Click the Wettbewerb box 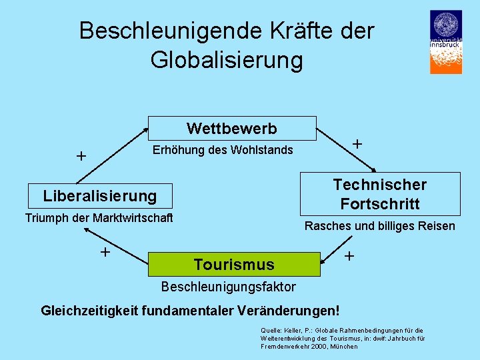coord(232,128)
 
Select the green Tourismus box coord(234,265)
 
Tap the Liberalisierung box coord(99,196)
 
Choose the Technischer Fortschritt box coord(380,193)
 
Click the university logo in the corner coord(445,41)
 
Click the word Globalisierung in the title coord(227,60)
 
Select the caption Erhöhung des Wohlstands coord(223,150)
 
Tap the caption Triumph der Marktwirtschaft coord(99,218)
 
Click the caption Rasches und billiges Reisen coord(379,226)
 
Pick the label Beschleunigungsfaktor coord(229,287)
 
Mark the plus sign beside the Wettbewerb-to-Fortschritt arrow coord(357,144)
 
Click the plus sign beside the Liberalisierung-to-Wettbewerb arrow coord(81,157)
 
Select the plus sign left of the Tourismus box coord(105,252)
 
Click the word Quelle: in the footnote coord(271,331)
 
